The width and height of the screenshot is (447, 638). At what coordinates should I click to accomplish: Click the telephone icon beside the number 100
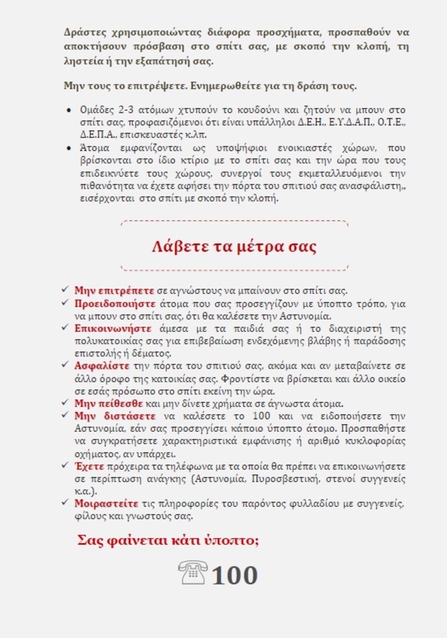coord(192,573)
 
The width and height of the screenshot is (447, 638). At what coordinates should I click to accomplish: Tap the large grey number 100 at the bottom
coord(235,575)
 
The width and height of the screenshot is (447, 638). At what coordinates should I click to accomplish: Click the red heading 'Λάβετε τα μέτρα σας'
coord(234,247)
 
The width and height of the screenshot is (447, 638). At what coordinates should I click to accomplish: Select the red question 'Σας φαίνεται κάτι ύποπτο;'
coord(168,540)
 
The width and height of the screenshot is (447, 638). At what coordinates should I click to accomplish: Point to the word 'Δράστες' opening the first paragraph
coord(84,32)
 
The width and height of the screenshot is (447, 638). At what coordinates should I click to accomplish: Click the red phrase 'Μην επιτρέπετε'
coord(114,290)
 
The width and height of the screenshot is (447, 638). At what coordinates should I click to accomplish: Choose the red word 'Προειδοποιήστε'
coord(115,303)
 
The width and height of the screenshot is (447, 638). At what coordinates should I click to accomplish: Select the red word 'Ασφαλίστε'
coord(102,365)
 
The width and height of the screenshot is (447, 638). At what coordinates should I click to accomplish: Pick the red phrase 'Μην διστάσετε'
coord(115,416)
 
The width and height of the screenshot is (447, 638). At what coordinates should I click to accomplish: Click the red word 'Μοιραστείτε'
coord(106,503)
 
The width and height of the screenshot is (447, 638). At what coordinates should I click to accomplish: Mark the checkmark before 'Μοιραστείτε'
coord(65,503)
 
